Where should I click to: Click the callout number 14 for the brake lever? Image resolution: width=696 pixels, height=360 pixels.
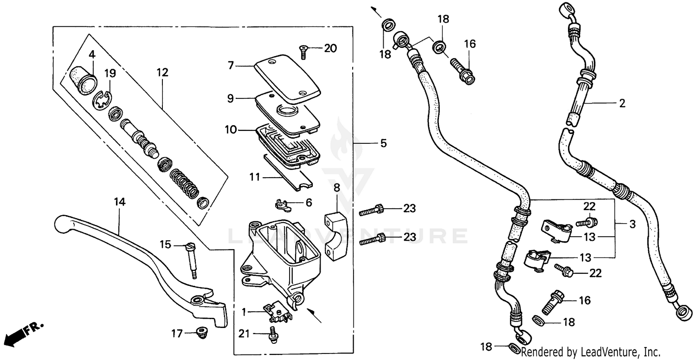(x=120, y=202)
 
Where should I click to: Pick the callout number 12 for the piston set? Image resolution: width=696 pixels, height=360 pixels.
(x=162, y=73)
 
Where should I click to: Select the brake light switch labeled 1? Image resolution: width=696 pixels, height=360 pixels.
(x=277, y=314)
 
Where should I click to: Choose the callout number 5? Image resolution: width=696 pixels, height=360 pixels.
(x=383, y=143)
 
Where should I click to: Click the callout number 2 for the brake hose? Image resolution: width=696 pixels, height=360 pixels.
(x=622, y=103)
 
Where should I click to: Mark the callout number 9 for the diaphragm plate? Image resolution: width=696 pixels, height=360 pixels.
(x=231, y=98)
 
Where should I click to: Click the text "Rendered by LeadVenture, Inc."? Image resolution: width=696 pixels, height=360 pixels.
(x=591, y=351)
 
